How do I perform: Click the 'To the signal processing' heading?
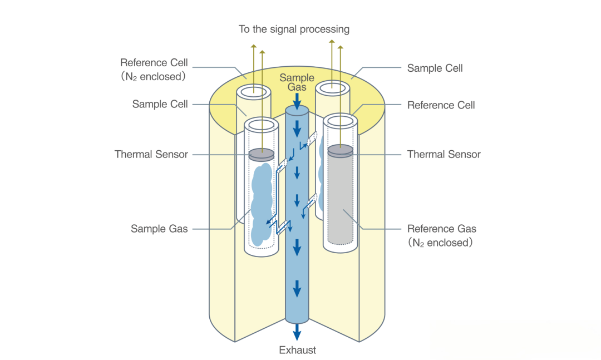[294, 29]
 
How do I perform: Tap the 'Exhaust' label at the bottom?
[297, 350]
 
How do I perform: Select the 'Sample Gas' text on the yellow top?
[297, 82]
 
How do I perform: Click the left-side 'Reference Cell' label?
[154, 62]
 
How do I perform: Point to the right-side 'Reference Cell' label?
[441, 105]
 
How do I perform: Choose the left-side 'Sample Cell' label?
[160, 104]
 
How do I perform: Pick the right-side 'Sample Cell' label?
[435, 68]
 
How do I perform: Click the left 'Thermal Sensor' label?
[151, 154]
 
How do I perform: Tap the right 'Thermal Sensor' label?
[444, 154]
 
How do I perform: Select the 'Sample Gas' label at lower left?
[159, 228]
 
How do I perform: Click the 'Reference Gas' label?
[441, 229]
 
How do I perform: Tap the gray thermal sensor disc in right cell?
[340, 149]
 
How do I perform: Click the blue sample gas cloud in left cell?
[261, 203]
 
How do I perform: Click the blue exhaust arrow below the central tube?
[297, 332]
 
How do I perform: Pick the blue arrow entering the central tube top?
[297, 102]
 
